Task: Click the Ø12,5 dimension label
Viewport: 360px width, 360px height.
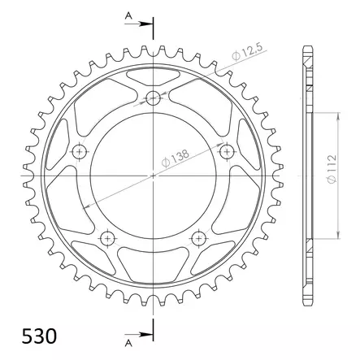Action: click(x=248, y=51)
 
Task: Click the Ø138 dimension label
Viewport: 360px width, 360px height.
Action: click(x=176, y=158)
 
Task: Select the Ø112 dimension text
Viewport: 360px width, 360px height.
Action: click(x=332, y=169)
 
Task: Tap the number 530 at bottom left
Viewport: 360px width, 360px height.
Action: click(x=39, y=336)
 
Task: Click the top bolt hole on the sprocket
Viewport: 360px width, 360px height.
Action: click(x=153, y=98)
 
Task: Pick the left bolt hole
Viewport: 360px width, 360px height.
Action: click(x=79, y=151)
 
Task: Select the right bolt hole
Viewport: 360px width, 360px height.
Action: click(x=227, y=151)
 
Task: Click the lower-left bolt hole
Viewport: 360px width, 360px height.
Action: click(x=107, y=238)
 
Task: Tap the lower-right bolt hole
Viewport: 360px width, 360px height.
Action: click(x=198, y=238)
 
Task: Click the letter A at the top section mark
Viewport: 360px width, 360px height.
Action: click(x=128, y=16)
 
